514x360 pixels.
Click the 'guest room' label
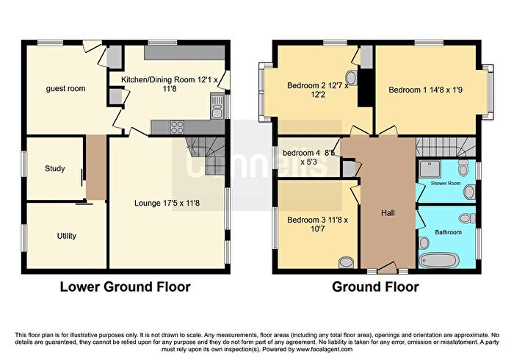pyautogui.click(x=65, y=89)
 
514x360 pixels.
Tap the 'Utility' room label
pyautogui.click(x=67, y=236)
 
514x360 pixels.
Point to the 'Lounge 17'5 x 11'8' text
pyautogui.click(x=166, y=202)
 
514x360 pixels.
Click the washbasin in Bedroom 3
pyautogui.click(x=347, y=261)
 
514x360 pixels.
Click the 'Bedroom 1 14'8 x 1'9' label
pyautogui.click(x=428, y=90)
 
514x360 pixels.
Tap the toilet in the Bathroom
pyautogui.click(x=464, y=217)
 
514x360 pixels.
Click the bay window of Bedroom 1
pyautogui.click(x=490, y=87)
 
